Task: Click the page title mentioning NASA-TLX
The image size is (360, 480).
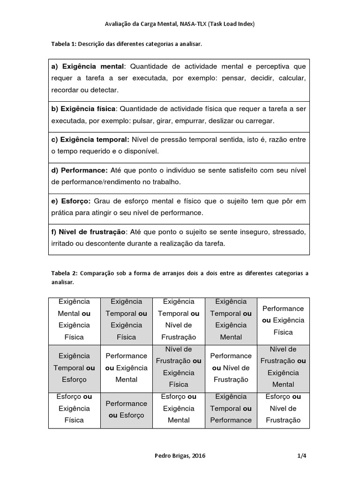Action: pyautogui.click(x=180, y=24)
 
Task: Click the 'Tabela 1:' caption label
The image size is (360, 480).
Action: pyautogui.click(x=63, y=44)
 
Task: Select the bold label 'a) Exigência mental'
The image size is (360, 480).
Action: pyautogui.click(x=88, y=67)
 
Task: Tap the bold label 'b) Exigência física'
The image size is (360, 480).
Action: pyautogui.click(x=83, y=109)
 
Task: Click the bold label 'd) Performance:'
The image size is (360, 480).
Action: pyautogui.click(x=79, y=170)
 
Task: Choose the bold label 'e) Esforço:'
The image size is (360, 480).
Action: pyautogui.click(x=71, y=201)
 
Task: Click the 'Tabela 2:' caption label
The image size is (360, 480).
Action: pyautogui.click(x=64, y=272)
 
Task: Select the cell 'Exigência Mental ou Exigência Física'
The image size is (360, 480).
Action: pyautogui.click(x=74, y=319)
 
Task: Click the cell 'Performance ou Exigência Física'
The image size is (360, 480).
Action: pyautogui.click(x=283, y=320)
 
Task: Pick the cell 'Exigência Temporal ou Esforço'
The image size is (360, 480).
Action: pyautogui.click(x=74, y=368)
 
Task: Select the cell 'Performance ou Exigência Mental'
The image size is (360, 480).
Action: pyautogui.click(x=126, y=368)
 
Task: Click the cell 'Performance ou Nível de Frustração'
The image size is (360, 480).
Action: pyautogui.click(x=231, y=368)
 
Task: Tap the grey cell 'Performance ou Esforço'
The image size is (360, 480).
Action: pyautogui.click(x=126, y=409)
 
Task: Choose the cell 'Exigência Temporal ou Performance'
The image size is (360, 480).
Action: pyautogui.click(x=231, y=408)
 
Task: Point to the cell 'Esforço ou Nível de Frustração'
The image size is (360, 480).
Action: pyautogui.click(x=283, y=408)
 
